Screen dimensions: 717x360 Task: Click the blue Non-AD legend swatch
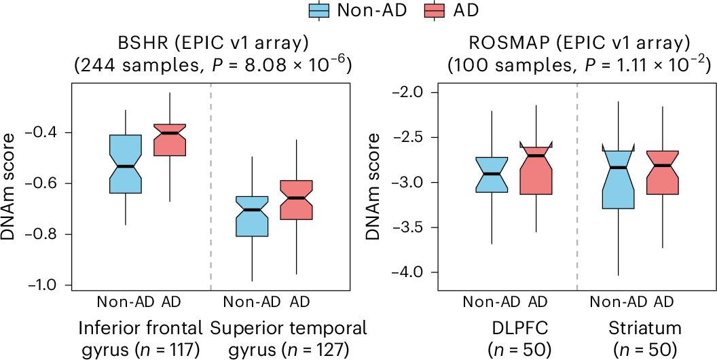pos(318,10)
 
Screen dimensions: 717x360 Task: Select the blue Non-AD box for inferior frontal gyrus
pos(126,164)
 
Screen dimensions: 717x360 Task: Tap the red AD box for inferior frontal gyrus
pos(169,139)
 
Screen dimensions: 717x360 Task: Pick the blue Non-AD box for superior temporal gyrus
pos(252,217)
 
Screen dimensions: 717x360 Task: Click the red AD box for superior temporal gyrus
pos(296,200)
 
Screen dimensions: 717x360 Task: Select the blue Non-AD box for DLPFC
pos(492,175)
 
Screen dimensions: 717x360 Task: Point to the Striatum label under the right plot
pos(645,328)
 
